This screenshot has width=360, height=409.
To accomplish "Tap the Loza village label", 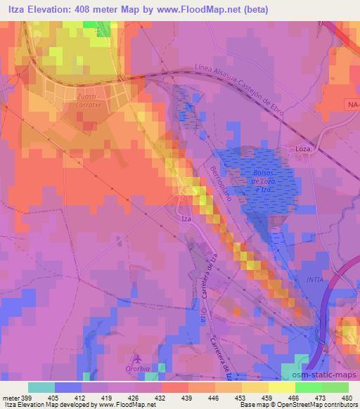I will [302, 150].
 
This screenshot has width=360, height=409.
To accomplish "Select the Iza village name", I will [186, 219].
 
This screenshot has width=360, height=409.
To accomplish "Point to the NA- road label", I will [352, 105].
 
